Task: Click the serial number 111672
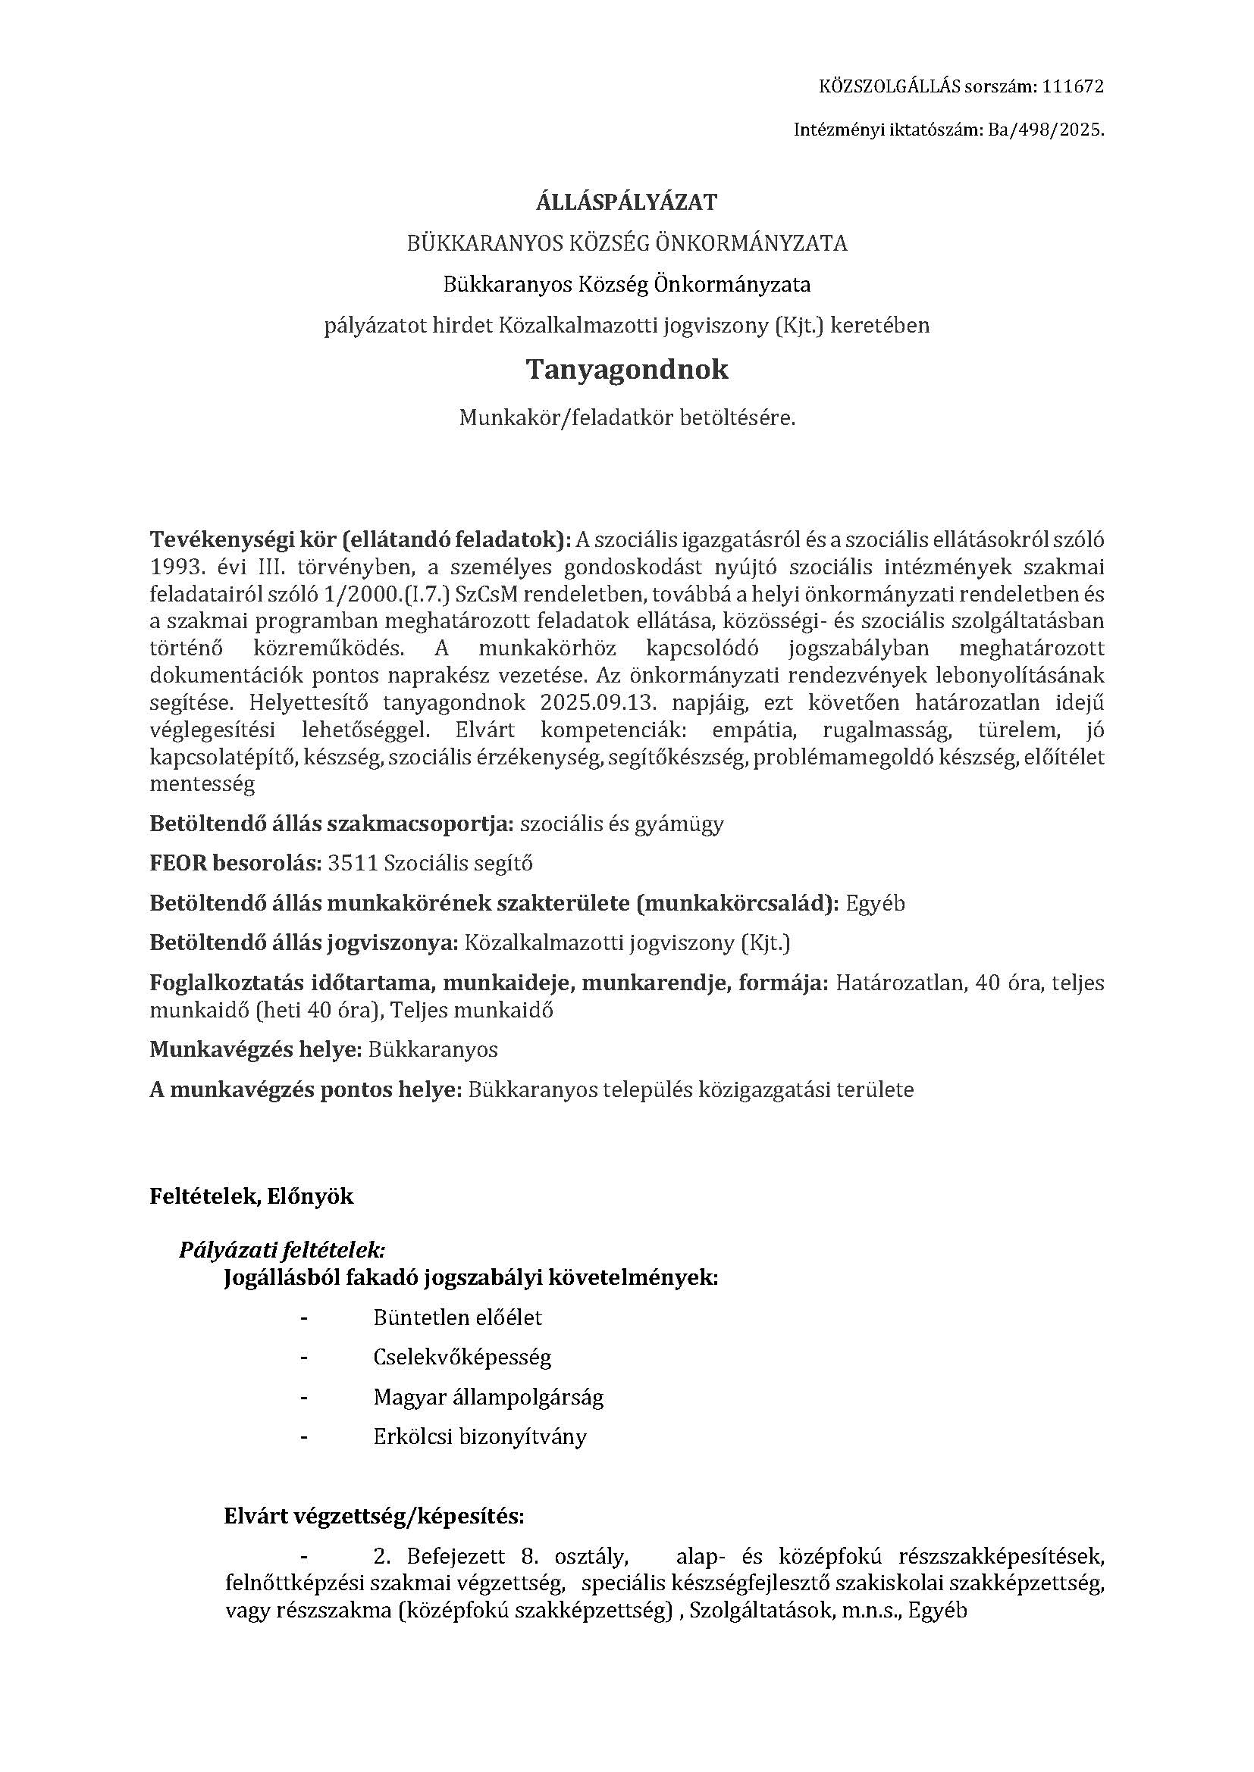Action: coord(1073,86)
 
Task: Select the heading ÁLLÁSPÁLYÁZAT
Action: coord(626,202)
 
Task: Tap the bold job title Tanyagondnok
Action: coord(626,370)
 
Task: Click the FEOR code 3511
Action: coord(353,863)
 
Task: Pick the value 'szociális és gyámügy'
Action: coord(622,823)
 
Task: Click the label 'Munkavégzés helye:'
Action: coord(256,1049)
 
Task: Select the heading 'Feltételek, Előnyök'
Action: coord(251,1196)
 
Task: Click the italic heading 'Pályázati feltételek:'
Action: coord(282,1249)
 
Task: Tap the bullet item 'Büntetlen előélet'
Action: coord(457,1317)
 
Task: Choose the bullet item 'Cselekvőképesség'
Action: coord(462,1358)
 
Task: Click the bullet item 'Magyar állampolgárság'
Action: coord(488,1398)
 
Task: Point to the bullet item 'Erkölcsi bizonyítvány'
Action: coord(479,1437)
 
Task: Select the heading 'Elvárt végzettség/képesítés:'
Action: coord(374,1517)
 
